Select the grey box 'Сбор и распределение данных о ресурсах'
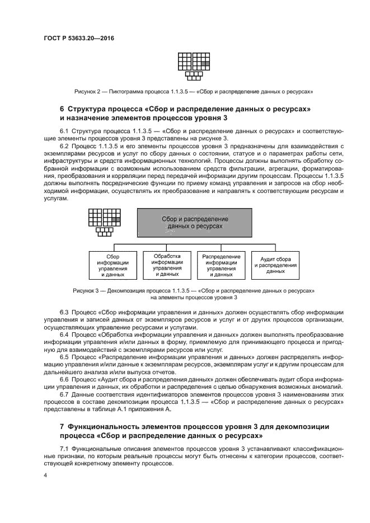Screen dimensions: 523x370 (195, 222)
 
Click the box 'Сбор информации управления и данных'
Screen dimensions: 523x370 (113, 265)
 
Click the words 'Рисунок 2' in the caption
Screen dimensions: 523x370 (87, 91)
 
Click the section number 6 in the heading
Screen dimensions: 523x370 (62, 108)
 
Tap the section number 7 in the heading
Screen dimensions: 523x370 (62, 427)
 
